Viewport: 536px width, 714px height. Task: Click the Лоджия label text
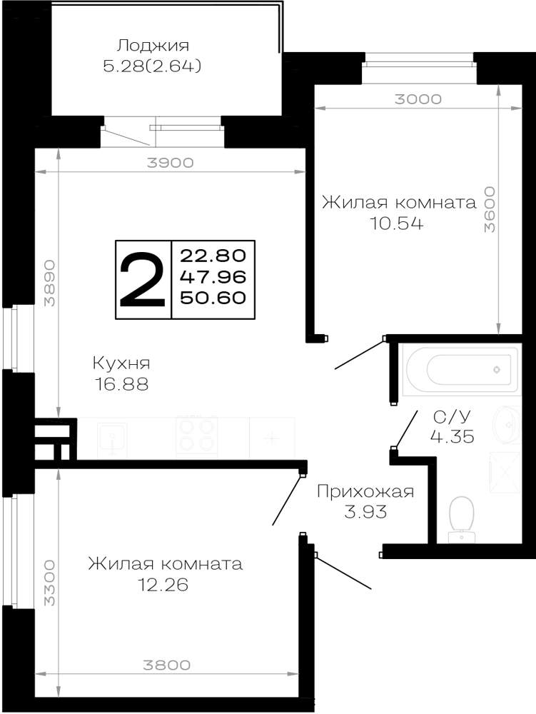coord(153,46)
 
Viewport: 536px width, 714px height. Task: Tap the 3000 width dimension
coord(418,99)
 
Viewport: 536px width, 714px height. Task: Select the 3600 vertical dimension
coord(490,209)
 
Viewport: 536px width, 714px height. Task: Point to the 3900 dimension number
coord(170,163)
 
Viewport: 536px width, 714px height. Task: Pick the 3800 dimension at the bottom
coord(167,665)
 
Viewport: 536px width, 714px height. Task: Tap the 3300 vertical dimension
coord(49,583)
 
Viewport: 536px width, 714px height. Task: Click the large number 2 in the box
coord(143,280)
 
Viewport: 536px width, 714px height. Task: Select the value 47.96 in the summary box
coord(213,277)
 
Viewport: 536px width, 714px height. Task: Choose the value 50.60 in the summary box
coord(213,298)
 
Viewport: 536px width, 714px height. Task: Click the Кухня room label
coord(121,363)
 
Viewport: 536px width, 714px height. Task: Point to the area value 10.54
coord(396,223)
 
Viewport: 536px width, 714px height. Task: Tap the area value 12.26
coord(163,585)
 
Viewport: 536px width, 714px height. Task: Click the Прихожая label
coord(365,491)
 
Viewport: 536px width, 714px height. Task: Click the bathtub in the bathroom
coord(460,369)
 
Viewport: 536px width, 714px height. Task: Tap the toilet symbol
coord(461,520)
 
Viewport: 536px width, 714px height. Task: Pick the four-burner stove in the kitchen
coord(196,436)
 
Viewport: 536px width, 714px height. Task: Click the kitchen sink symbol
coord(112,439)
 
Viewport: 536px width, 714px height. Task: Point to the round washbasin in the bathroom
coord(507,424)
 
